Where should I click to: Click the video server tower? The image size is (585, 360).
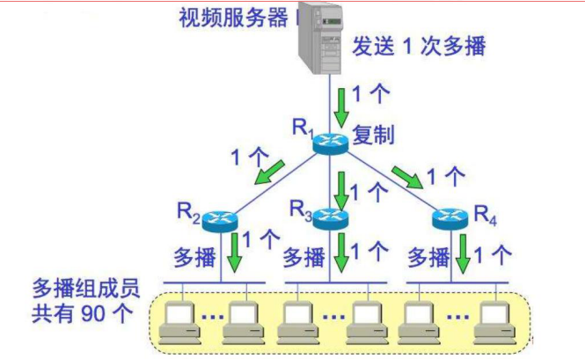click(320, 37)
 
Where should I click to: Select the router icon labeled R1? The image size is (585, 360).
click(330, 143)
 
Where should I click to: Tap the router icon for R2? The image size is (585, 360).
click(220, 221)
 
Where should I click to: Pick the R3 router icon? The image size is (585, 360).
click(330, 219)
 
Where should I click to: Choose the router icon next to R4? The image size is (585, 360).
click(450, 219)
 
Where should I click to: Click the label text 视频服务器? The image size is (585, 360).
click(234, 18)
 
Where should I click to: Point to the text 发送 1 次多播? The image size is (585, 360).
click(419, 46)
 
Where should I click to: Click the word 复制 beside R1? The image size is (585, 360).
click(374, 135)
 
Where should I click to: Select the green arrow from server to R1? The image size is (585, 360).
click(341, 107)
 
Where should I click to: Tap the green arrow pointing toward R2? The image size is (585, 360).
click(270, 172)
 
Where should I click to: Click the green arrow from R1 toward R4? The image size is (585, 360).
click(407, 178)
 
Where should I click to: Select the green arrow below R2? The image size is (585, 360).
click(235, 253)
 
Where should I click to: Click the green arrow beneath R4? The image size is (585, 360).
click(463, 254)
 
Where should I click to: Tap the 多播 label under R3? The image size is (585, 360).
click(304, 258)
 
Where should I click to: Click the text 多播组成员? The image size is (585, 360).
click(86, 288)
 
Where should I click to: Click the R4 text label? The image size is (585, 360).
click(485, 216)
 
